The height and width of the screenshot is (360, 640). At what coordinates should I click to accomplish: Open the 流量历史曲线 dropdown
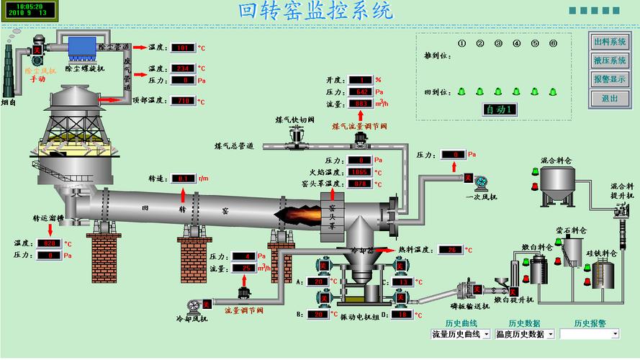click(461, 334)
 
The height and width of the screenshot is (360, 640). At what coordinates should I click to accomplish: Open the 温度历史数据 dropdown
click(526, 334)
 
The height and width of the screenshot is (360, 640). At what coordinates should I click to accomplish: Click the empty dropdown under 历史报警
click(590, 334)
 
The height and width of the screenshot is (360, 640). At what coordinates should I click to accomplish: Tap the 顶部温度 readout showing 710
click(184, 101)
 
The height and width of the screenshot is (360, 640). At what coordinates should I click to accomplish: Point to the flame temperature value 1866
click(359, 173)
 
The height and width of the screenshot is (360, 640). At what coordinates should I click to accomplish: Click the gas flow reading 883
click(360, 104)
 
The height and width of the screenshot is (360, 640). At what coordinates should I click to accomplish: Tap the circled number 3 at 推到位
click(498, 43)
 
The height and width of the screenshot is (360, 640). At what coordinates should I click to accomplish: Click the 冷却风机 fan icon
click(191, 305)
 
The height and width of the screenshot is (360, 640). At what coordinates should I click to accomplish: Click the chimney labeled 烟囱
click(9, 72)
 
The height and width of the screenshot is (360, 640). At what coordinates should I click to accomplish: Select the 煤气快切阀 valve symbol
click(294, 137)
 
